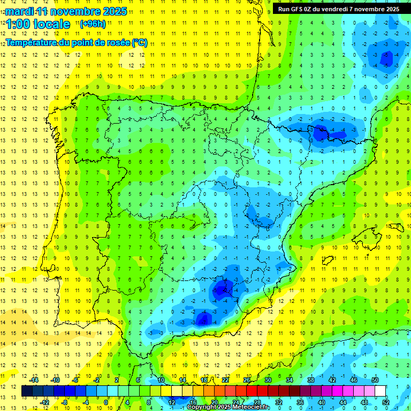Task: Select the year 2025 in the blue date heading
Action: coord(113,11)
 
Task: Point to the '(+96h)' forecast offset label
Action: coord(93,24)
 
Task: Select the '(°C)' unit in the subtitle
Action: coord(139,43)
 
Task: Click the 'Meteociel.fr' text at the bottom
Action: coord(251,407)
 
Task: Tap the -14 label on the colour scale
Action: coord(34,380)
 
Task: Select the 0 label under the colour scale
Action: coord(105,402)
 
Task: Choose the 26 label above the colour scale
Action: coord(247,380)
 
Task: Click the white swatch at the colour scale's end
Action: coord(380,391)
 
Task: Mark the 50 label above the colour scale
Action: coord(375,380)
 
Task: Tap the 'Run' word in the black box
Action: coord(284,9)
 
